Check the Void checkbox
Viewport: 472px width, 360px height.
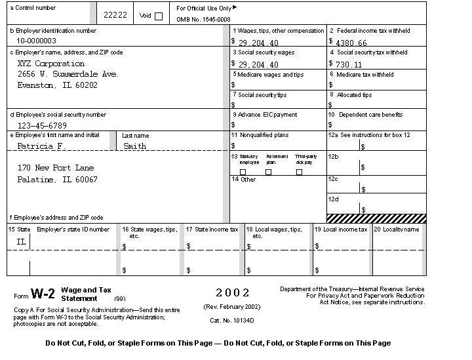tap(159, 16)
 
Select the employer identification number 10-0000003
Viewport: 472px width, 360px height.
tap(37, 41)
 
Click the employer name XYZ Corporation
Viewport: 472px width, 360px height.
tap(50, 64)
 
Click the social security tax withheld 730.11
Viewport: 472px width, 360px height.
tap(348, 64)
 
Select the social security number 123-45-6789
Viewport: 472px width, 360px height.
tap(42, 125)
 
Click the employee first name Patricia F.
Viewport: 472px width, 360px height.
tap(40, 146)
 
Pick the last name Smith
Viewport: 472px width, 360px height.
tap(134, 146)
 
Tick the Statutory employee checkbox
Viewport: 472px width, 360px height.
tap(243, 172)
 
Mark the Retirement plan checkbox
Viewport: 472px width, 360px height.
tap(268, 172)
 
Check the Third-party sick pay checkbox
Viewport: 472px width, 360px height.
tap(300, 172)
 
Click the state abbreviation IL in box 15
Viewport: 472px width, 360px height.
tap(21, 242)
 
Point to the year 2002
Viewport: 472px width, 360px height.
tap(233, 293)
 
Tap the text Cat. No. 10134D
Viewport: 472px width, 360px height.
tap(231, 321)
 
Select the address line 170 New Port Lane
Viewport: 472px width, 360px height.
tap(55, 168)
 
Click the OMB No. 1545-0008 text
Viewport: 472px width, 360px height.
tap(203, 20)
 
